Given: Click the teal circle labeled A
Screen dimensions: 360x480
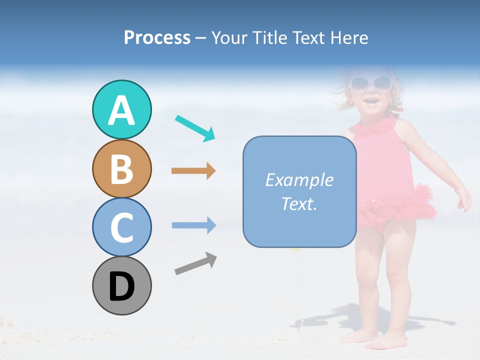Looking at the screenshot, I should [121, 110].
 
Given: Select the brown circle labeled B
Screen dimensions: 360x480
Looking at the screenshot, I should [121, 169].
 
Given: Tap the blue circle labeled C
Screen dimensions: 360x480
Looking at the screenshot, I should [121, 227].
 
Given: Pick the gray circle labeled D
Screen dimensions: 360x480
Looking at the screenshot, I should [121, 286].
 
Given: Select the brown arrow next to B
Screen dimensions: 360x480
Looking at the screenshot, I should [193, 171].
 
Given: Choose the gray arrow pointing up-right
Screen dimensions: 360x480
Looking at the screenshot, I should [195, 263].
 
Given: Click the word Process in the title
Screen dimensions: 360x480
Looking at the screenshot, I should [157, 38].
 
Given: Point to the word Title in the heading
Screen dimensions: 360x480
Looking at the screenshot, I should [270, 38].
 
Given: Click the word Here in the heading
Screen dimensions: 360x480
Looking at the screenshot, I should [348, 38].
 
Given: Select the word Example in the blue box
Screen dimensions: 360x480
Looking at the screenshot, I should [299, 180].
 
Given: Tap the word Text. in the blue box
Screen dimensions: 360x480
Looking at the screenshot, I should [299, 203].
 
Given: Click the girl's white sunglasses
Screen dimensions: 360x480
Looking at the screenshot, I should [370, 83].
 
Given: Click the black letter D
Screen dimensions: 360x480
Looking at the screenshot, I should [121, 287].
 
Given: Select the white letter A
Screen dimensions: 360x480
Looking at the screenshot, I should [121, 110].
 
